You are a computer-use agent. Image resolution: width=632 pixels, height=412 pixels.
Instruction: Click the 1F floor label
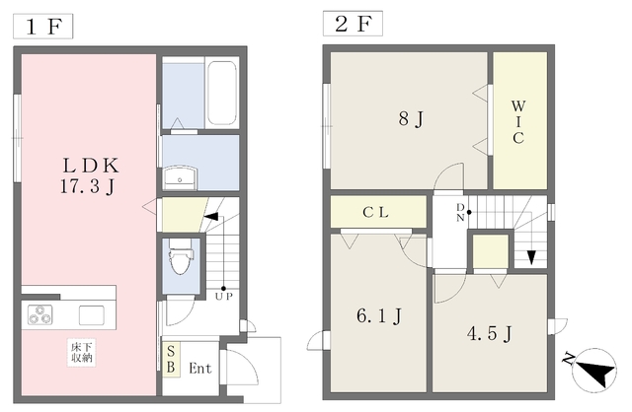pos(42,27)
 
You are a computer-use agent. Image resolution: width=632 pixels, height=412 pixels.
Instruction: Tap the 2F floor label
pos(353,24)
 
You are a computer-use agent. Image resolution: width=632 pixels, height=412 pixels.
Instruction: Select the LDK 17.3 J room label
pos(90,175)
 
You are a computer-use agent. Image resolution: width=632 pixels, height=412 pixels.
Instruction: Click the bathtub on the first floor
pos(221,93)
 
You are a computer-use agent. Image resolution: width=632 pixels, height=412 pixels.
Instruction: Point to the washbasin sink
pos(180,178)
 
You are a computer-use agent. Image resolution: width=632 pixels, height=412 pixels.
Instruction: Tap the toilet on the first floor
pos(180,256)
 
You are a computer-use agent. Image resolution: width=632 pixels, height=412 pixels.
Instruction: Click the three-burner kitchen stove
pos(39,314)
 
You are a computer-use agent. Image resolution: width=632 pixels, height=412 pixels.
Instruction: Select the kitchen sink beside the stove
pos(92,315)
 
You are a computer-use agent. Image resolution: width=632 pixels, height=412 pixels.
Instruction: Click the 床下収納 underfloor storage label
pos(81,353)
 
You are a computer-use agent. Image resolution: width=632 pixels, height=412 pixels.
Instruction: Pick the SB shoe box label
pos(171,360)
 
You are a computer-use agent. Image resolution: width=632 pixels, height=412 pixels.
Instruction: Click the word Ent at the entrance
pos(199,369)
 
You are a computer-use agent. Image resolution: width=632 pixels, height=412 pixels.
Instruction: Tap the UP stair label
pos(224,297)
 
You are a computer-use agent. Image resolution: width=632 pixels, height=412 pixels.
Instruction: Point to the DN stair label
pos(460,213)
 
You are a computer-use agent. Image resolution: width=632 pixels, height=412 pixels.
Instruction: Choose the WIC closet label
pos(518,122)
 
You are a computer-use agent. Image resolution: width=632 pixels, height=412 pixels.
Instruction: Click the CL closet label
pos(375,212)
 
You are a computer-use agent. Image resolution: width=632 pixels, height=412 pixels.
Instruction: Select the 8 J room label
pos(411,119)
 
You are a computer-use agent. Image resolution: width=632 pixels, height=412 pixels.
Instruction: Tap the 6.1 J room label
pos(379,316)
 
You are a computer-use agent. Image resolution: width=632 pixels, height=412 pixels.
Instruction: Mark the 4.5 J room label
pos(490,333)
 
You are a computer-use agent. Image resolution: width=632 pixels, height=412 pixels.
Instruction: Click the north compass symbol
pos(592,370)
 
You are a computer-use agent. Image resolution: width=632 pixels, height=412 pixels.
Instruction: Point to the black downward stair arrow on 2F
pos(531,257)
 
